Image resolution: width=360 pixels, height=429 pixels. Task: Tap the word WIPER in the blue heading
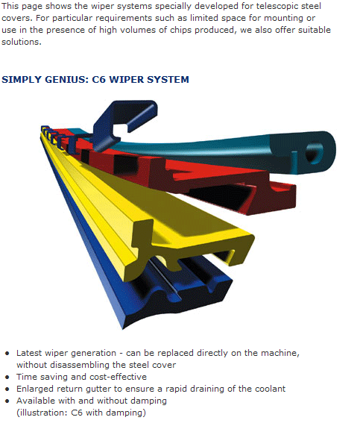[126, 80]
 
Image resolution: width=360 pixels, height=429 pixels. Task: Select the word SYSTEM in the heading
[168, 80]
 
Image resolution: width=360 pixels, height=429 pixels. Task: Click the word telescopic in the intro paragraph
[278, 7]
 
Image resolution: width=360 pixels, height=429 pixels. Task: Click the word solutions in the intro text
[22, 42]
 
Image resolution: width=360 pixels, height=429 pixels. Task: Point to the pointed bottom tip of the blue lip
[123, 328]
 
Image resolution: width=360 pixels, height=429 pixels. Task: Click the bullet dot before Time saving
[7, 378]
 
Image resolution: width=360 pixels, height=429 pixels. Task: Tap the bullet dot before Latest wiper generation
[7, 353]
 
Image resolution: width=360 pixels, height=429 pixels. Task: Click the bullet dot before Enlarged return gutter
[7, 389]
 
